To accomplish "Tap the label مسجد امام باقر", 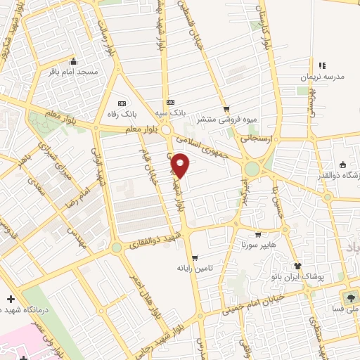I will (77, 72).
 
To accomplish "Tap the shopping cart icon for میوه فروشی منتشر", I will (226, 109).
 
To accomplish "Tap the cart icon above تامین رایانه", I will (194, 257).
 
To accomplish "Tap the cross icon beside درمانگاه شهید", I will (11, 300).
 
